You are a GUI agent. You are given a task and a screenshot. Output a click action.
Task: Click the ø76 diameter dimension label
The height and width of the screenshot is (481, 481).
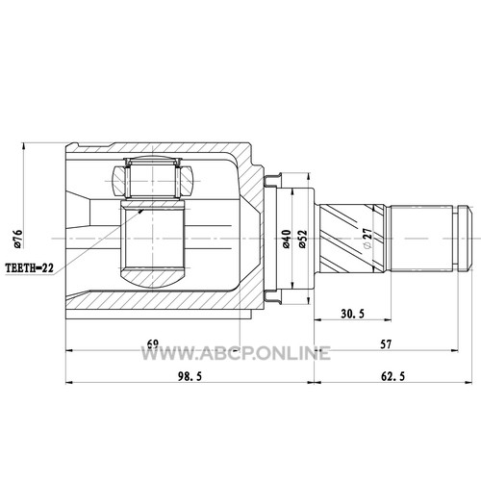18,239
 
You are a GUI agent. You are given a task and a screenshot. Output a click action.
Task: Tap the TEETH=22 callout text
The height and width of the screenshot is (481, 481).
30,267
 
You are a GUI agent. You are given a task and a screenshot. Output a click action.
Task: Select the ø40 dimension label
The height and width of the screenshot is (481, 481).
286,239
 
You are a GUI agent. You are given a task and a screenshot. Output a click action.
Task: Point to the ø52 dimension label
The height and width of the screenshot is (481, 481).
303,239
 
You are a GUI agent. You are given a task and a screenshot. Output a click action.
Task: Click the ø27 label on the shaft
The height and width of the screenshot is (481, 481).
367,238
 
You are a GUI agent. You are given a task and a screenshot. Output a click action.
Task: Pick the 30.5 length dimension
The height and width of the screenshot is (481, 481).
352,314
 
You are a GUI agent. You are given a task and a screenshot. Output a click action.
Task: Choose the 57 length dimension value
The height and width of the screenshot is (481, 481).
386,344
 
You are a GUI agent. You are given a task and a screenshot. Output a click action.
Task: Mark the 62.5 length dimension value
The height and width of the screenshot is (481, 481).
392,376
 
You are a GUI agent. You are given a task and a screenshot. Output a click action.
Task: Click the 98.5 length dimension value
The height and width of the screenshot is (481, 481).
190,376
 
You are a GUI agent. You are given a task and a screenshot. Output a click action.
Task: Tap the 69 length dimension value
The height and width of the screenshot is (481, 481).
153,343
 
